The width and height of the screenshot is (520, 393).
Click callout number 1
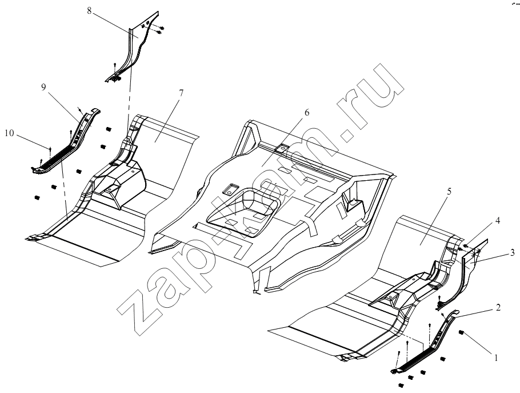(496, 358)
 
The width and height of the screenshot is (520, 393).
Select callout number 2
(498, 308)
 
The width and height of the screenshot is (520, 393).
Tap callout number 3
(513, 253)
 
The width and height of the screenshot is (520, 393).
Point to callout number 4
(498, 221)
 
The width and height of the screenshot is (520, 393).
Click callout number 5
(449, 192)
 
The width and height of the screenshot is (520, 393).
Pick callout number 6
(307, 113)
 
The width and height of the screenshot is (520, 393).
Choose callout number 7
(181, 93)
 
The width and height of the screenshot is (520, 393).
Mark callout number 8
(89, 11)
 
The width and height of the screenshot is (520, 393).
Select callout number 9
(43, 87)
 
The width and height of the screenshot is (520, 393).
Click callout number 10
(10, 133)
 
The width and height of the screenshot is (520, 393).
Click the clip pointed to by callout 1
(461, 332)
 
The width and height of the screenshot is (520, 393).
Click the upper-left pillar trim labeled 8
(133, 46)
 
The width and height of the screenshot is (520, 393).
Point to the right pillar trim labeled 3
(464, 272)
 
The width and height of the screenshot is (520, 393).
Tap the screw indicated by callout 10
(50, 149)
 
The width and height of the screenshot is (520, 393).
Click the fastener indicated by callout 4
(466, 246)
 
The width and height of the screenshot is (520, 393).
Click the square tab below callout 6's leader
(282, 148)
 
